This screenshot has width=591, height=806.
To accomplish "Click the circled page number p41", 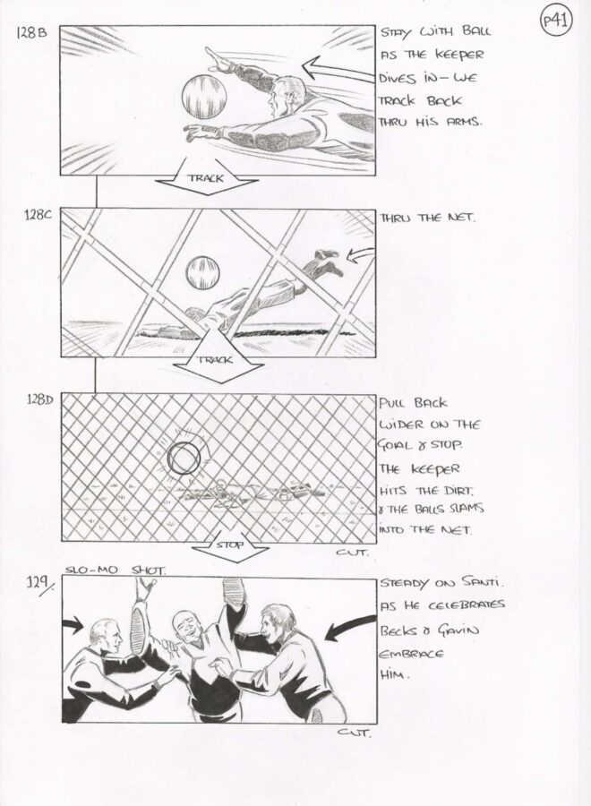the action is (x=556, y=22).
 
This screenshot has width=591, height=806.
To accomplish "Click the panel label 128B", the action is (x=32, y=33).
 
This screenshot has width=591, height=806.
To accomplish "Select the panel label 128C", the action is (x=38, y=215).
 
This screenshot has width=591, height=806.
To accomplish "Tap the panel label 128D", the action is (x=39, y=399).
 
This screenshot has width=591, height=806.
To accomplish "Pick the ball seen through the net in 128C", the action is (x=202, y=272).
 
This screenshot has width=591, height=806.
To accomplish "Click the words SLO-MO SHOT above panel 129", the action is (x=116, y=570).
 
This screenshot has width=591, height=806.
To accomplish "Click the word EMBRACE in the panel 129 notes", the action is (x=411, y=654).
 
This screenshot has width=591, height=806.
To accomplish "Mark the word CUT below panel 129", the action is (x=353, y=733).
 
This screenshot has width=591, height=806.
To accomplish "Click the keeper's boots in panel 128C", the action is (x=329, y=261).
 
